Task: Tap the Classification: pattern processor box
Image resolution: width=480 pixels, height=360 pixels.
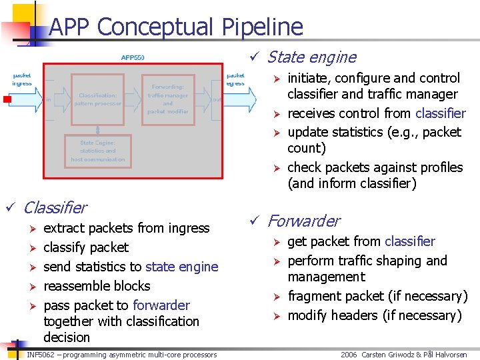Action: tap(99, 99)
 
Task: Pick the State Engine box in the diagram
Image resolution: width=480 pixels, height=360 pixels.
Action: tap(97, 151)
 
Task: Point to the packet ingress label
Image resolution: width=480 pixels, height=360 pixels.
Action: tap(22, 79)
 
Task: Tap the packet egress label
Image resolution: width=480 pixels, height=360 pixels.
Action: tap(235, 79)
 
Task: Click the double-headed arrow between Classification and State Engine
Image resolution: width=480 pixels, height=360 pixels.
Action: tap(97, 127)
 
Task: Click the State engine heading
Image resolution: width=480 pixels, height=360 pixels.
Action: tap(311, 57)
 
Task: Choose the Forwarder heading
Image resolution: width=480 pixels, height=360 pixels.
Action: tap(303, 221)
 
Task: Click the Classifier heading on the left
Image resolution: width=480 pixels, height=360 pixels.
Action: tap(55, 208)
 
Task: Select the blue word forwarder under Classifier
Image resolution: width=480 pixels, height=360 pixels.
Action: tap(161, 305)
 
